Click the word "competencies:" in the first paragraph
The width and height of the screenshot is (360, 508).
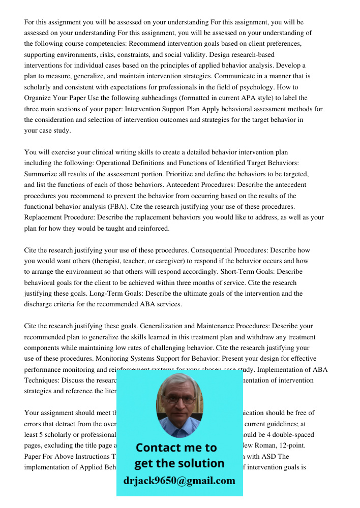(x=91, y=44)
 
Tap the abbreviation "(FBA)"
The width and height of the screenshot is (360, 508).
(x=115, y=206)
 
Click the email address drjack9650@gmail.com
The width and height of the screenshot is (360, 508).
(x=179, y=481)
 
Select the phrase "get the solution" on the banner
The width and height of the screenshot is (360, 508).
(x=179, y=463)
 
